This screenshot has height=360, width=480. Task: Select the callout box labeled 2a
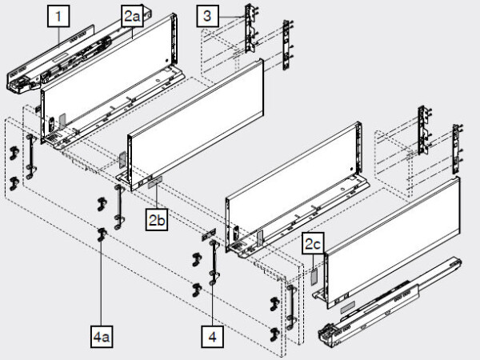133,14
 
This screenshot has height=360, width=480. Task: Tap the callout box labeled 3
207,14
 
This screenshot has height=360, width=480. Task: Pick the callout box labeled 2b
156,218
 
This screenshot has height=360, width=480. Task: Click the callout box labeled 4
212,338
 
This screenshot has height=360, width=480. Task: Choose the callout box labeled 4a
102,338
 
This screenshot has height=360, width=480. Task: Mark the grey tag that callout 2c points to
314,272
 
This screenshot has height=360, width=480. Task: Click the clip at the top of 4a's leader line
102,234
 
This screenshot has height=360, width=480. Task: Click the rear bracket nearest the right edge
457,148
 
